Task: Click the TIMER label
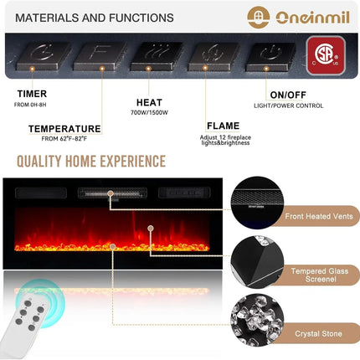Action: point(32,94)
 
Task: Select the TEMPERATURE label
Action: point(64,128)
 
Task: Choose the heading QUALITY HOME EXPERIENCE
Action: point(91,161)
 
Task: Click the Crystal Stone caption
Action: point(318,333)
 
